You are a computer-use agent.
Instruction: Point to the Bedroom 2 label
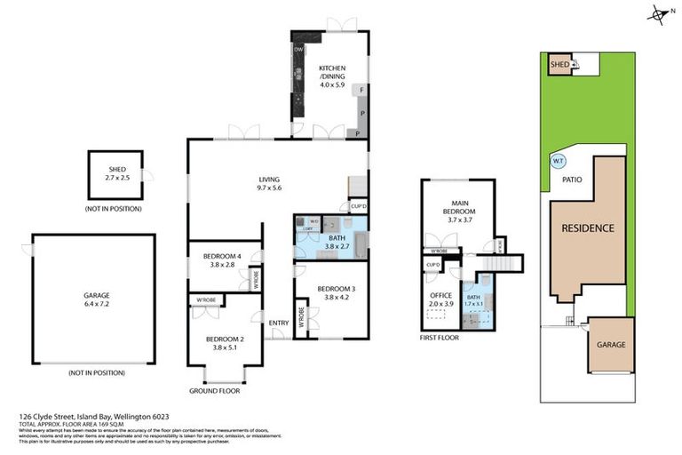click(224, 342)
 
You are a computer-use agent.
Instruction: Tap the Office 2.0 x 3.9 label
click(440, 299)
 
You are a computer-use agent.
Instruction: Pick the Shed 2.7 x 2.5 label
click(117, 174)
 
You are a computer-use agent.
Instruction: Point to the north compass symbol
click(657, 13)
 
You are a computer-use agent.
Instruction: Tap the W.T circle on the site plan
click(558, 162)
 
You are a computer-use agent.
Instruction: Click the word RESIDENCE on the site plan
click(587, 228)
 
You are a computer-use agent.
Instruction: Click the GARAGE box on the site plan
click(610, 345)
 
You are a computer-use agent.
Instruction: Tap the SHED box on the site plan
click(560, 65)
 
